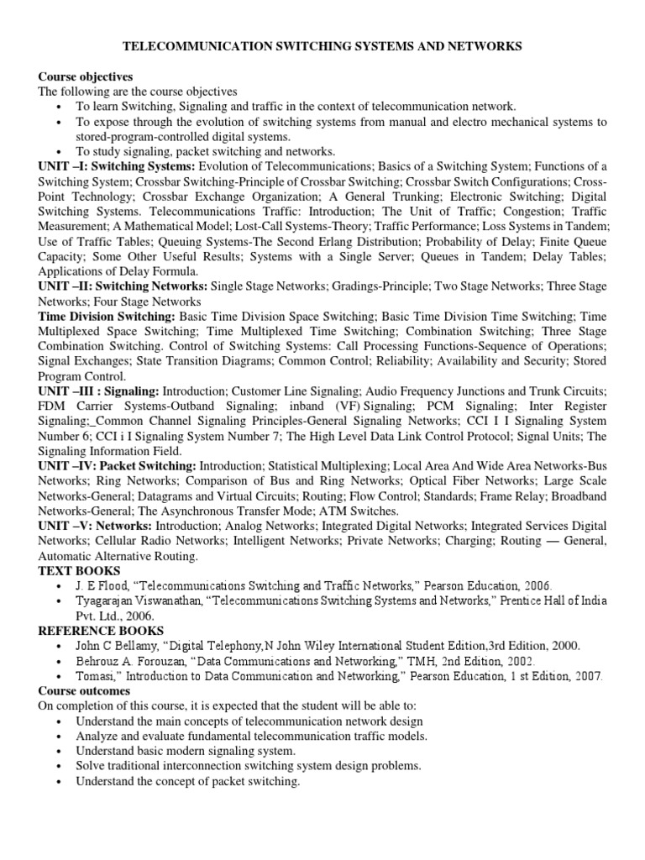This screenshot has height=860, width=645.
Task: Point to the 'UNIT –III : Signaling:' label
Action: [x=98, y=391]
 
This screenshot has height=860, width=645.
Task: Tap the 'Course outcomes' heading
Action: [x=84, y=690]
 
